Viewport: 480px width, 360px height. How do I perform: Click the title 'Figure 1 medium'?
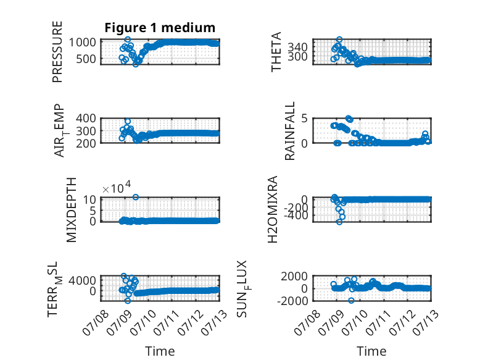(160, 28)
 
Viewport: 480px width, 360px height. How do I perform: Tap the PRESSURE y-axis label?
(57, 52)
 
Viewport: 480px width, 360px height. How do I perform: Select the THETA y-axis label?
(276, 52)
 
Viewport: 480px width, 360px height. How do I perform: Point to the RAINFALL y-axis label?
(289, 131)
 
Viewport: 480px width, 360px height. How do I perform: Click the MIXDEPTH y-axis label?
(71, 210)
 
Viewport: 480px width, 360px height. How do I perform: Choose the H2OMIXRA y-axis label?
(273, 209)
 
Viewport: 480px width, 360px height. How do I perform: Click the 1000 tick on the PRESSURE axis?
(82, 42)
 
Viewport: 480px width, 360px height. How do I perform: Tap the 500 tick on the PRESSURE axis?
(86, 59)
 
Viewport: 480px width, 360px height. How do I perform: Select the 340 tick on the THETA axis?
(297, 47)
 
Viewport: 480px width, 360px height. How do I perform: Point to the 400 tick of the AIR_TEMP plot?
(86, 118)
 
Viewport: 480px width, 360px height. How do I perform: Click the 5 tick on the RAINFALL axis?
(305, 118)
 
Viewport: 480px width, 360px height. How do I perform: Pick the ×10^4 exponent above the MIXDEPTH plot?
(117, 187)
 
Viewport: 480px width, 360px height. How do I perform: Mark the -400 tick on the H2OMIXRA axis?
(296, 216)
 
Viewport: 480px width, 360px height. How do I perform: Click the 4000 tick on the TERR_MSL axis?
(82, 280)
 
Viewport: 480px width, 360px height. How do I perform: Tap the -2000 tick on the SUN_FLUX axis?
(292, 301)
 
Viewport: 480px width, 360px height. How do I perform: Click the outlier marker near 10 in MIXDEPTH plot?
(136, 198)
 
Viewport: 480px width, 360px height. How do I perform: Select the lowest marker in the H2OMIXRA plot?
(339, 222)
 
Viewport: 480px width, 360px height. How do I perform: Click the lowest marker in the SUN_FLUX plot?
(351, 301)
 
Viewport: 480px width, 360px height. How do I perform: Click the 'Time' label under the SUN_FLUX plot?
(371, 351)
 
